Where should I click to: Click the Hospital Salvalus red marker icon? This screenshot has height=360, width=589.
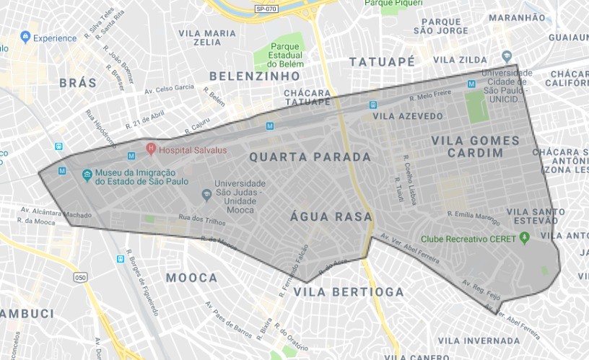(x=151, y=149)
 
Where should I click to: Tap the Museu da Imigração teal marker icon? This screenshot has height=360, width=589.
(x=87, y=175)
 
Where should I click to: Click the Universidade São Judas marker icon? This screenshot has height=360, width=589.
(x=206, y=193)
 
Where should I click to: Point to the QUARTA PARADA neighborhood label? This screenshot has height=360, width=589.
(x=310, y=157)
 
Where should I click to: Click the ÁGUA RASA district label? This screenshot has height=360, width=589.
(x=331, y=216)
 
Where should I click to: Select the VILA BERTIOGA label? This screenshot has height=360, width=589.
(x=349, y=291)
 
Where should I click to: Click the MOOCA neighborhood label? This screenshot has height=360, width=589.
(x=191, y=278)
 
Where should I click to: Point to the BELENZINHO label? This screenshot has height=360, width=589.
(x=254, y=76)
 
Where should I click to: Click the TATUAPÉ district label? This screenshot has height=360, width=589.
(x=382, y=62)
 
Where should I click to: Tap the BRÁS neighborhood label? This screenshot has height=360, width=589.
(x=78, y=83)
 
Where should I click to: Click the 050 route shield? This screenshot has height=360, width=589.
(x=79, y=277)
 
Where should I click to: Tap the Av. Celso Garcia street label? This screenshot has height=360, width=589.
(x=170, y=89)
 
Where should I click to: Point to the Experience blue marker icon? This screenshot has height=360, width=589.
(x=26, y=37)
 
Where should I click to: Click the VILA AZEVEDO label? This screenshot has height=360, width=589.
(x=408, y=115)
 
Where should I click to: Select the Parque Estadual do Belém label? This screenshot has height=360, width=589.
(x=275, y=53)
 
